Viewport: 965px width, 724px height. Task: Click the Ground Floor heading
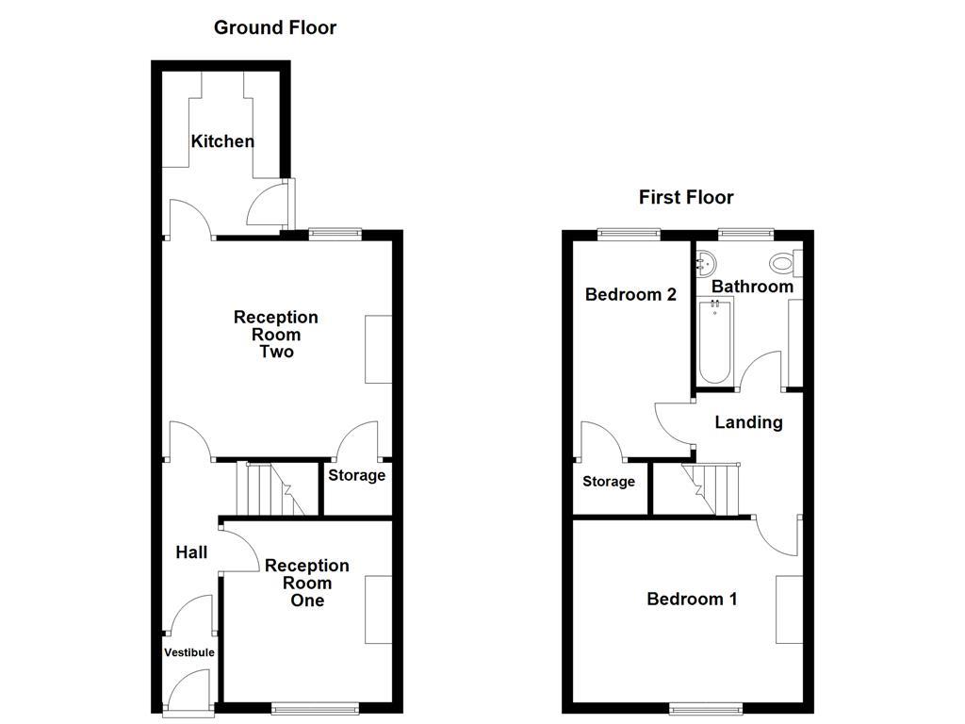coord(274,27)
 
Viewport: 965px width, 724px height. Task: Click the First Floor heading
coord(686,197)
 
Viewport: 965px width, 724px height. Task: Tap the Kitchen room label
coord(222,141)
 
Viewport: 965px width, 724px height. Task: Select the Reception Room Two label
coord(276,335)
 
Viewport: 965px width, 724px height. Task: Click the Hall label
coord(191,552)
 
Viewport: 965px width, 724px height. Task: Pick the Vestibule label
coord(189,652)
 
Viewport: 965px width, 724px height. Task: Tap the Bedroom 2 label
coord(630,294)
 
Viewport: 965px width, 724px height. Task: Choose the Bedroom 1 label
coord(692,599)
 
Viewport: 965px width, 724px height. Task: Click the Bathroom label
coord(752,286)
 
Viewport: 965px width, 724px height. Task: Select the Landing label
coord(748,422)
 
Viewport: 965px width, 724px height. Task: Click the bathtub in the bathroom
coord(714,341)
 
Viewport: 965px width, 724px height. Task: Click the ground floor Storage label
coord(356,475)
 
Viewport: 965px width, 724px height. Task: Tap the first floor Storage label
coord(608,482)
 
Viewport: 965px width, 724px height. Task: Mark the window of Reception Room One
coord(315,707)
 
